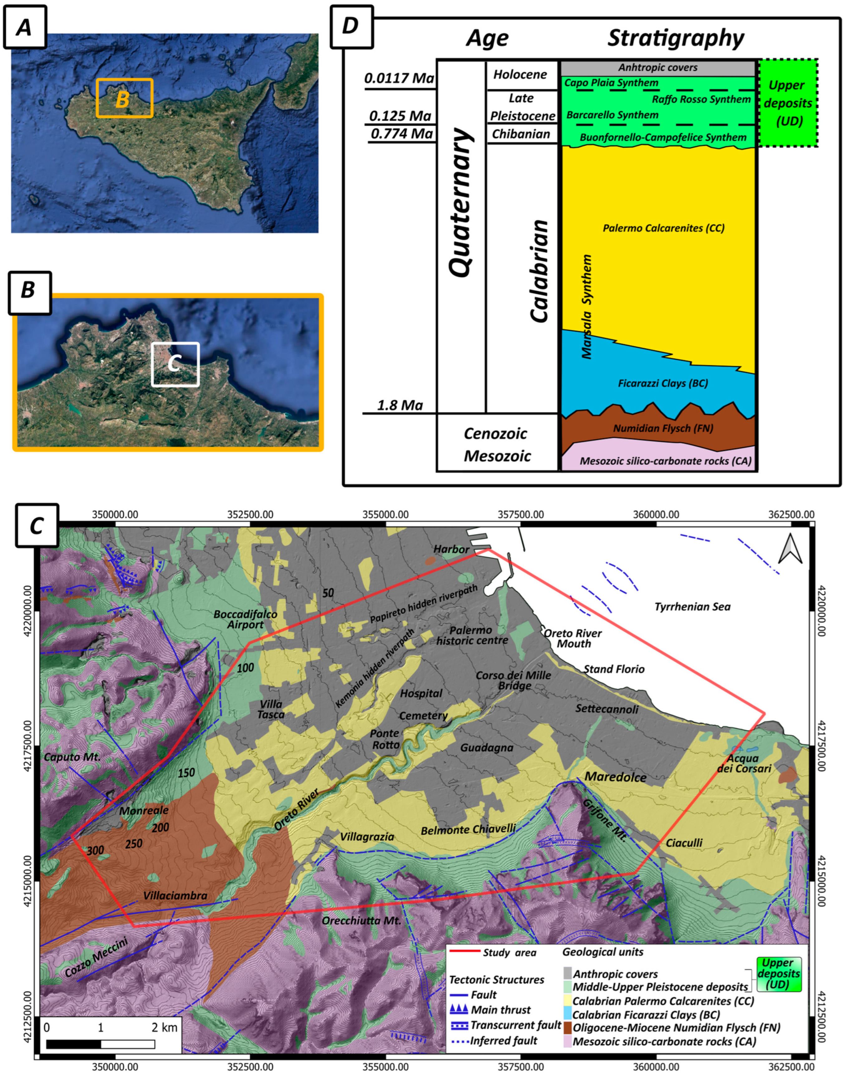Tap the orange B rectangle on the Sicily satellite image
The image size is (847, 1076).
124,98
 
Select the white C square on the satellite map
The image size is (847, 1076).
175,364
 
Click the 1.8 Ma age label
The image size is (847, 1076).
400,406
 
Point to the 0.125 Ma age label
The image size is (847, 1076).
400,116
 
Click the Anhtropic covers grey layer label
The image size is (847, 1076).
658,67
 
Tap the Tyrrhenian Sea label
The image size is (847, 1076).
692,607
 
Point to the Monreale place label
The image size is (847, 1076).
144,811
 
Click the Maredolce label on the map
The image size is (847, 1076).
615,777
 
